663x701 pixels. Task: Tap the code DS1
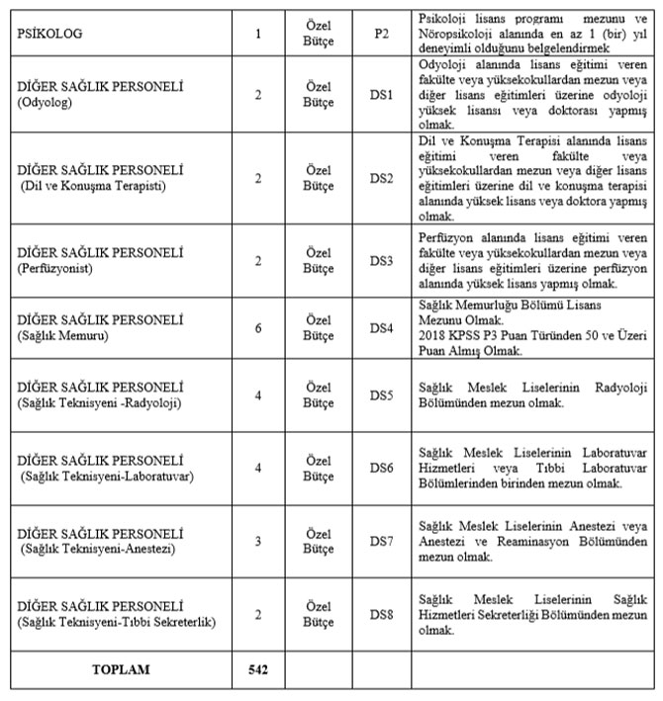point(382,95)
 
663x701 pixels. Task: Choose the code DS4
point(382,327)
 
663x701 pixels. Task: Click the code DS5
point(382,395)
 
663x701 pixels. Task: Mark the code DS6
point(382,465)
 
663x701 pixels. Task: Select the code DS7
point(382,541)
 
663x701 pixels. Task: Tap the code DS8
point(382,614)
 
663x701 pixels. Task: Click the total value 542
point(258,669)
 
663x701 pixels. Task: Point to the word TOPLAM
point(121,669)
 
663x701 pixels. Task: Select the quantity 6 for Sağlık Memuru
point(258,327)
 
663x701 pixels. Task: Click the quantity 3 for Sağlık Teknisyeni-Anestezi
point(258,541)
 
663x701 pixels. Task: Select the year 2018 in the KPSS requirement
point(433,334)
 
